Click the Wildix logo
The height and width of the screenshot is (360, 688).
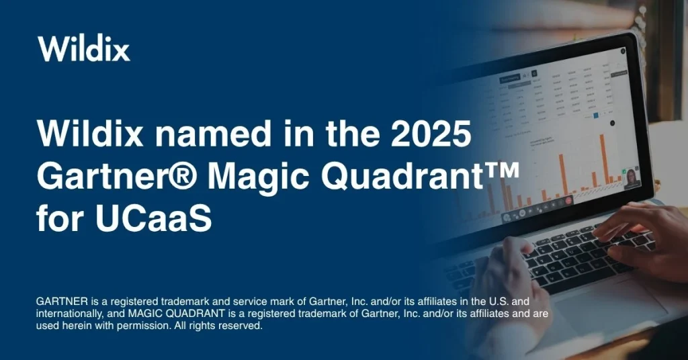pyautogui.click(x=84, y=48)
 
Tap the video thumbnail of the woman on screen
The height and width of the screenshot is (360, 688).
pyautogui.click(x=632, y=178)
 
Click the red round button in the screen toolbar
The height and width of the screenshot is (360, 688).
pyautogui.click(x=568, y=199)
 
